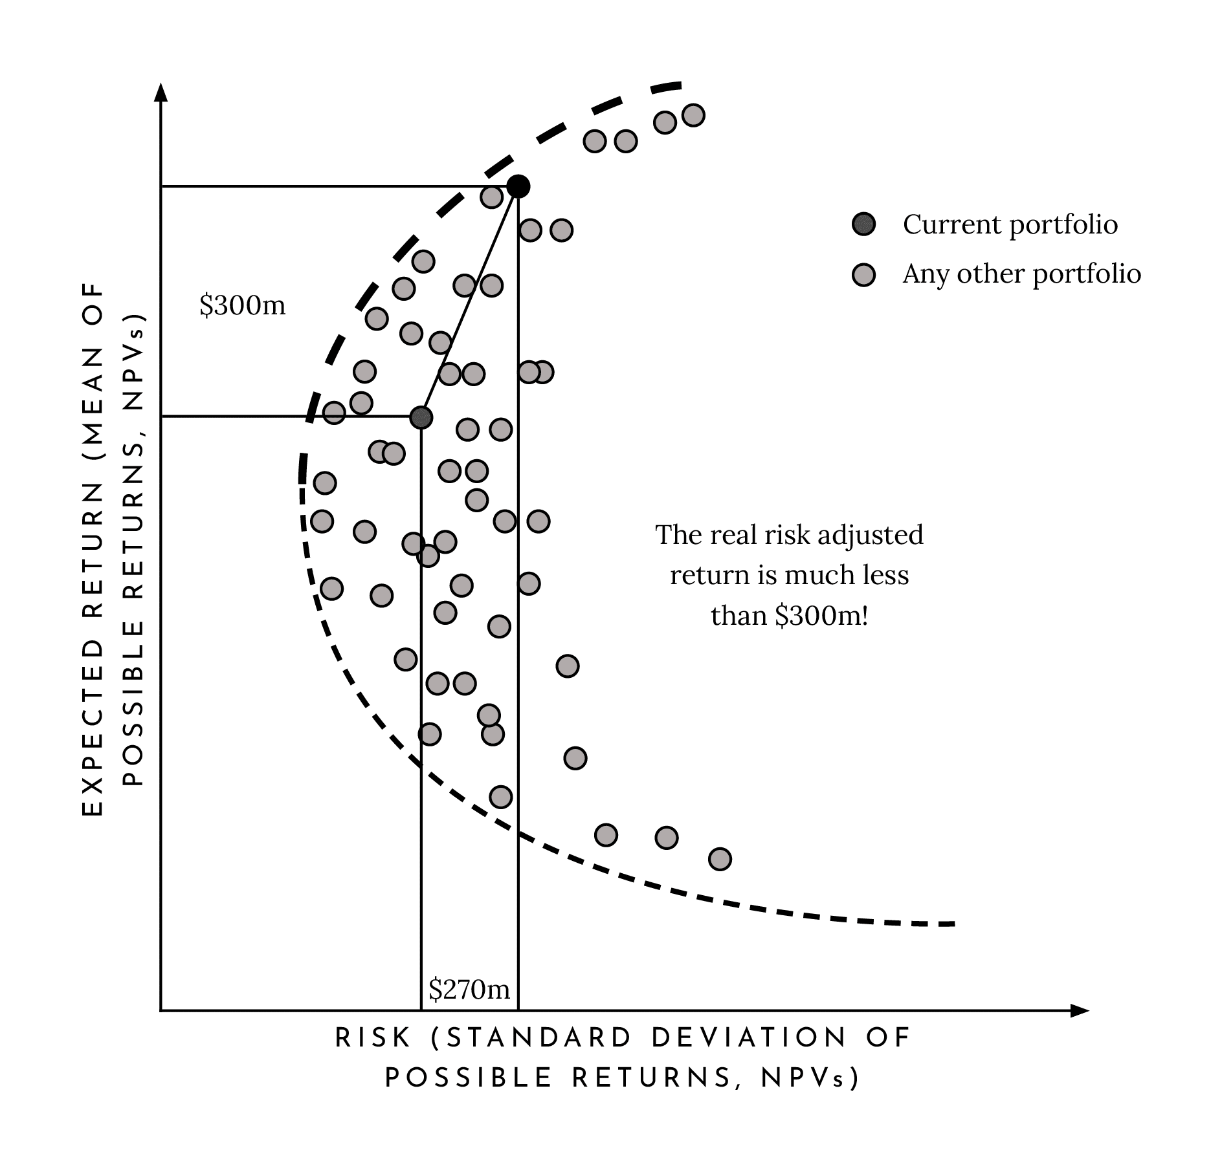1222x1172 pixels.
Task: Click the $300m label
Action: [x=242, y=305]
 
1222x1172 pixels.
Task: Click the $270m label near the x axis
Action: [x=469, y=989]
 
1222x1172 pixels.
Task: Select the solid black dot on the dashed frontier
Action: [x=518, y=186]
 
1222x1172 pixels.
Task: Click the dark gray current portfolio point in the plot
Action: [x=421, y=417]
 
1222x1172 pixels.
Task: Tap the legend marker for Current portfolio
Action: [x=863, y=224]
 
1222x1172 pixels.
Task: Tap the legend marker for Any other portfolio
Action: [x=863, y=274]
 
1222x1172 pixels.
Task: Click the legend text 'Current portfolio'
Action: [x=1010, y=224]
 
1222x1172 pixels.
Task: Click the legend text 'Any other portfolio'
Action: [x=1021, y=274]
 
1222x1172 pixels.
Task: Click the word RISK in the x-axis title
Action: [x=373, y=1038]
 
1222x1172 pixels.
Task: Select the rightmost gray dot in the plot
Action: [x=720, y=859]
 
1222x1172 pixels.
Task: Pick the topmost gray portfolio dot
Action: [x=693, y=116]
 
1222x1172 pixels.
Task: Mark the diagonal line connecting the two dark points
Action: [x=469, y=301]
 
